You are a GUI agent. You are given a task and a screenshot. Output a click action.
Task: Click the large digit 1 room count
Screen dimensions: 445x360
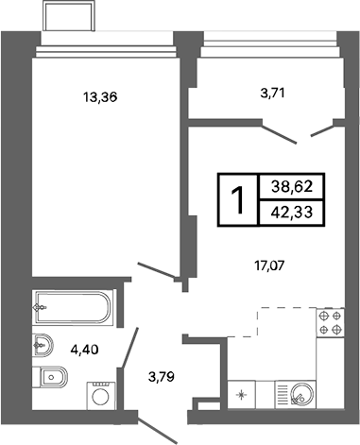(239, 200)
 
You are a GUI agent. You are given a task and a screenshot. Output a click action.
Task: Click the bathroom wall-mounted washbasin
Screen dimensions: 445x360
(43, 341)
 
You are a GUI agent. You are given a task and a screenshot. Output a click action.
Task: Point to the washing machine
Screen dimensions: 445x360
(99, 394)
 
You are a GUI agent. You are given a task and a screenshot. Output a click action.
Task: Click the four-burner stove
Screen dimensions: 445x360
(330, 323)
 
